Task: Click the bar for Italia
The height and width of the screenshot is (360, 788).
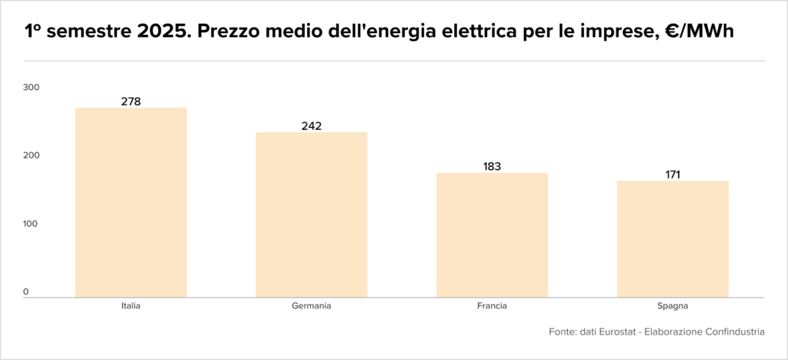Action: (131, 202)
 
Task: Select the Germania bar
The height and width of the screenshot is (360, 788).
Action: (312, 215)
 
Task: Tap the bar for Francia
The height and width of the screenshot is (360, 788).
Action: (492, 235)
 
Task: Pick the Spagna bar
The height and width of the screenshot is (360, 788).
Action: (673, 239)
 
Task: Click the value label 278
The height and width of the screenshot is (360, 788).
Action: (131, 102)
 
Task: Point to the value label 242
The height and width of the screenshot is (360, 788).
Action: (312, 126)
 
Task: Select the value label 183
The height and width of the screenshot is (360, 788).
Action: (492, 166)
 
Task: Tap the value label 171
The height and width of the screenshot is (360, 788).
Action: (673, 175)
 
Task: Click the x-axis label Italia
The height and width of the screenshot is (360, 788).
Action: (131, 306)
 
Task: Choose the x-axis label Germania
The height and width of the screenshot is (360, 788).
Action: (312, 306)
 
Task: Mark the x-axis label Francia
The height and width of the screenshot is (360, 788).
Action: (492, 306)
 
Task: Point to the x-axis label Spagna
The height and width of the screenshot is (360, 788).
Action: (673, 306)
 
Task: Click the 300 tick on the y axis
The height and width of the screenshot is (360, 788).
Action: (31, 88)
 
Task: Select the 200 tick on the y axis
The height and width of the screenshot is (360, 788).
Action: (31, 156)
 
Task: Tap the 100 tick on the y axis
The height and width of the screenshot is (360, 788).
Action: (31, 224)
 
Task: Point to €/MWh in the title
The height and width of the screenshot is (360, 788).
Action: (706, 32)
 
